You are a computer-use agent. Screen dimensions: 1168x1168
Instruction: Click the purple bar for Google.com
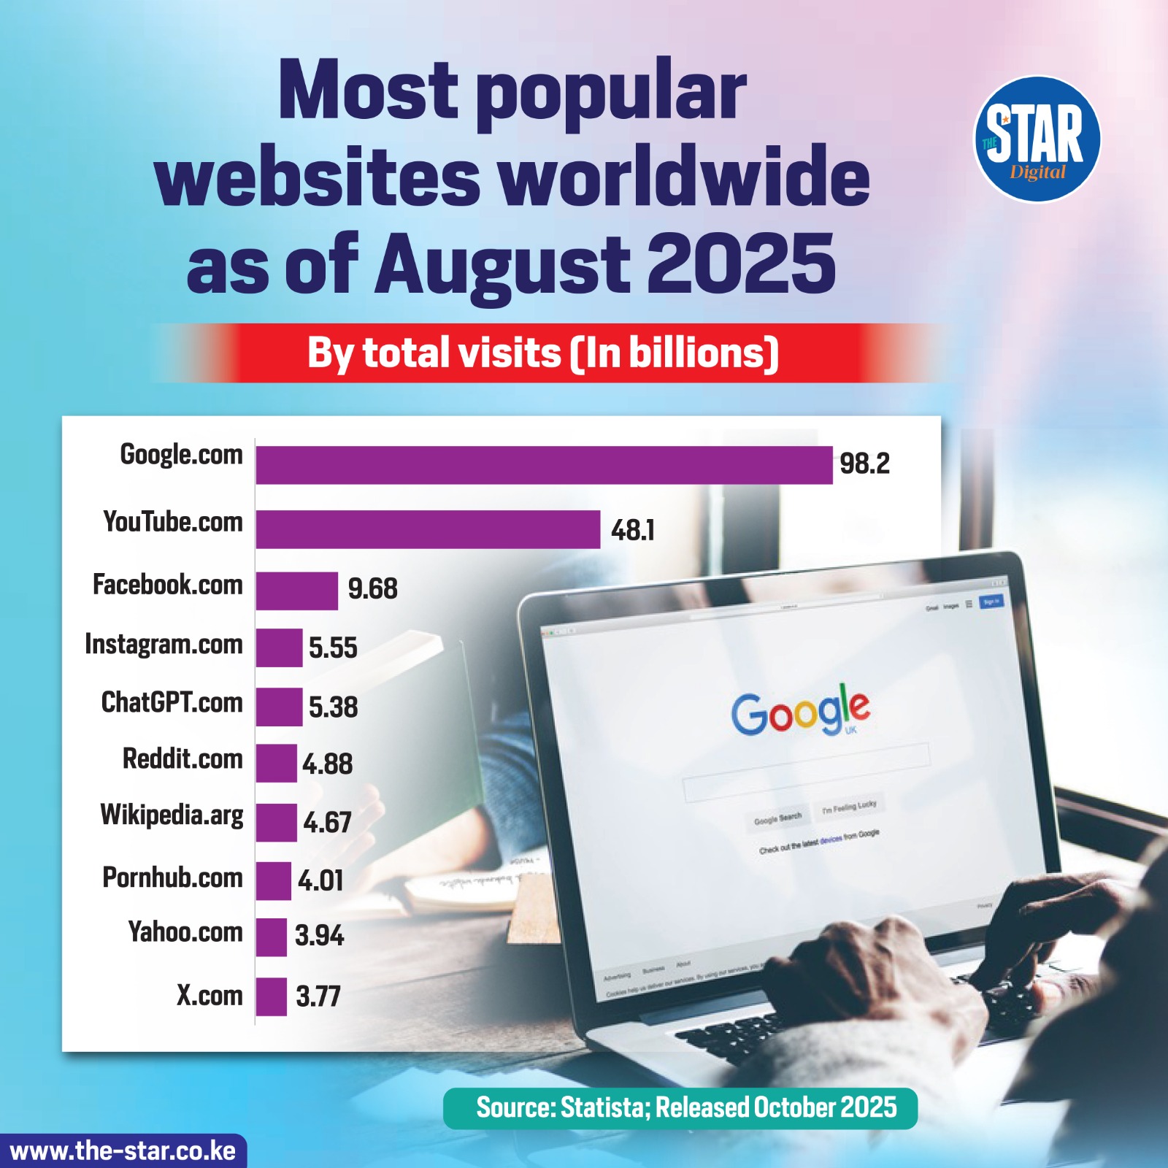click(544, 465)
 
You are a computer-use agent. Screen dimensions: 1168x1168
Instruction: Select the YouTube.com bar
click(428, 529)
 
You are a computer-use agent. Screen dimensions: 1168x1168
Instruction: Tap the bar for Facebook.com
click(296, 591)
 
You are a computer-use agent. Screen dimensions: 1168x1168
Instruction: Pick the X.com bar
click(271, 996)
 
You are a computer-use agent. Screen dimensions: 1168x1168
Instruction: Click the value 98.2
click(864, 464)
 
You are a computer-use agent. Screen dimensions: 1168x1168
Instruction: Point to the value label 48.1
click(632, 530)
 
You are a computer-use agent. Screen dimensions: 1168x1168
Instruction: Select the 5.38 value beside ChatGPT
click(333, 707)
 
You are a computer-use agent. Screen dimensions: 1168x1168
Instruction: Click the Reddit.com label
click(182, 759)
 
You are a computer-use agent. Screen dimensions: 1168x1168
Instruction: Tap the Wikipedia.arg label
click(172, 815)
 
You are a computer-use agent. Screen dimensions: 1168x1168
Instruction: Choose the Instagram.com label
click(164, 645)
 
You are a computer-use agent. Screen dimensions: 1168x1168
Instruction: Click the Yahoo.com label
click(185, 932)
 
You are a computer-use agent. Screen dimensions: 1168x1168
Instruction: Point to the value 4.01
click(320, 880)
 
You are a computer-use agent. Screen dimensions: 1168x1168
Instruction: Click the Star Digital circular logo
click(1037, 139)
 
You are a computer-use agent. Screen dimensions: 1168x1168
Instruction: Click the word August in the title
click(503, 263)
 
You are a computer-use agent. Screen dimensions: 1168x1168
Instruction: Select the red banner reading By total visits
click(543, 353)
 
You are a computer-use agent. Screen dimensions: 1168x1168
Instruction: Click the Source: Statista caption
click(685, 1107)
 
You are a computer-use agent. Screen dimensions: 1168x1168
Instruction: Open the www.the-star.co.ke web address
click(123, 1151)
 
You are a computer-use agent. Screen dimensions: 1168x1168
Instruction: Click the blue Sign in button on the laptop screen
click(991, 602)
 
